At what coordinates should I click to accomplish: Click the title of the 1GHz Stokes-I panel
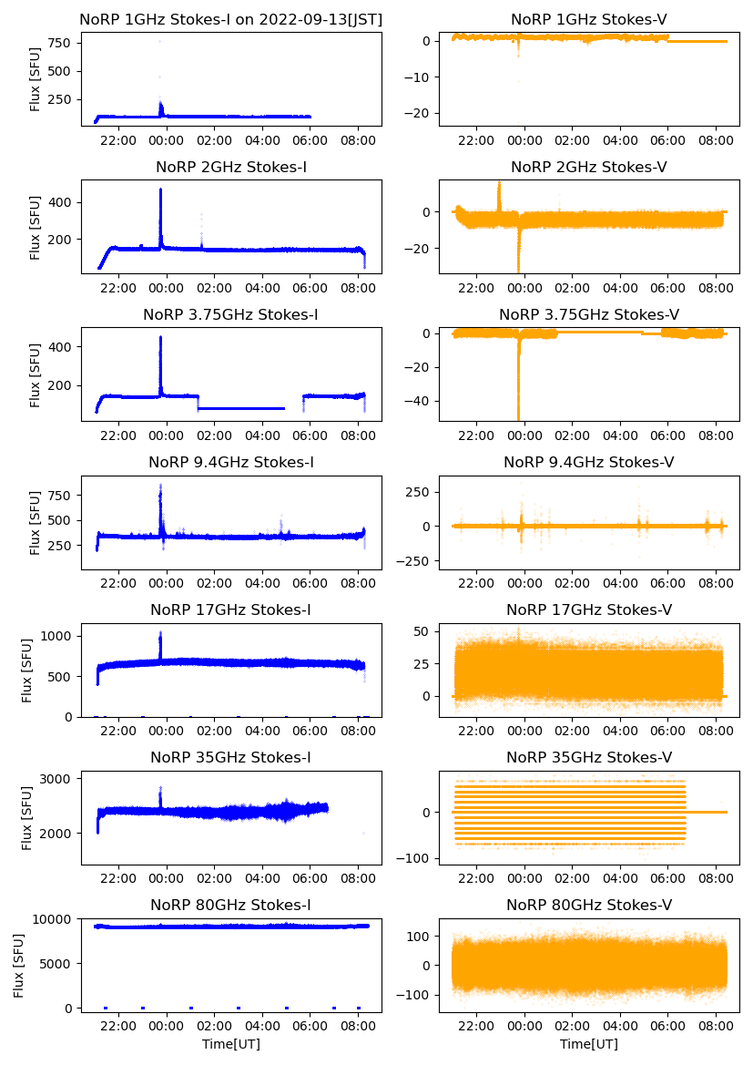tap(231, 19)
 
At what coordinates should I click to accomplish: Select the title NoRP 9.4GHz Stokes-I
tap(231, 463)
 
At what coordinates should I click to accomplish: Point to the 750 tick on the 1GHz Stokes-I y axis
tap(60, 42)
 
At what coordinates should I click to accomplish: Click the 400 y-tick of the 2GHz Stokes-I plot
tap(60, 202)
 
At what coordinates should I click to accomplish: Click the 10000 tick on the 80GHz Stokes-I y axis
tap(53, 918)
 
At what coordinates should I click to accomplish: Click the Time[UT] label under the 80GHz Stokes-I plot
tap(231, 1044)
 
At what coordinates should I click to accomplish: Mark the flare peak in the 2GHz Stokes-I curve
tap(160, 189)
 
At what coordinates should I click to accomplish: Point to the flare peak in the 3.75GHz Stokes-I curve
tap(160, 337)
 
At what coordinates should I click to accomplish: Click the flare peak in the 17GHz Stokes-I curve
tap(160, 633)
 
